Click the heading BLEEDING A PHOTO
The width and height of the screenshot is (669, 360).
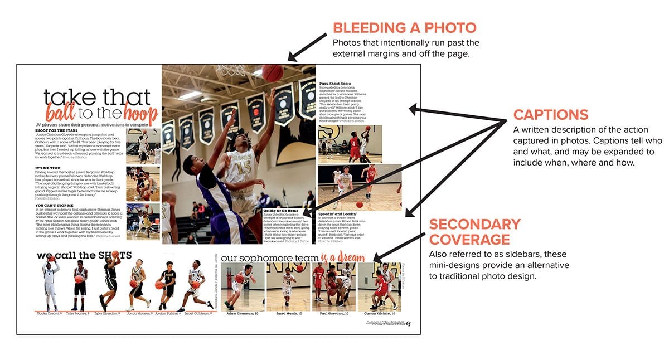click(x=405, y=28)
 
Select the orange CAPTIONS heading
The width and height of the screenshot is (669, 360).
click(x=550, y=115)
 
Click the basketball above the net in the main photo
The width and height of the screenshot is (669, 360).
click(x=272, y=73)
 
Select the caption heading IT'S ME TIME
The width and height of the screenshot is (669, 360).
click(x=48, y=168)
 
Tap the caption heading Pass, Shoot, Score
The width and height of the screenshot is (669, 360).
click(x=336, y=84)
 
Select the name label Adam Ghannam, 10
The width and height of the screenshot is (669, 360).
click(x=242, y=314)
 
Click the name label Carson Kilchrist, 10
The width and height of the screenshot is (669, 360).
click(x=379, y=314)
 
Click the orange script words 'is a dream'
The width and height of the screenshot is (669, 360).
click(x=343, y=258)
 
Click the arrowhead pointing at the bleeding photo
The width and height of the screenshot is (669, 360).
click(x=292, y=57)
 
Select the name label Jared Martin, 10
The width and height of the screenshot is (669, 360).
click(x=287, y=314)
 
